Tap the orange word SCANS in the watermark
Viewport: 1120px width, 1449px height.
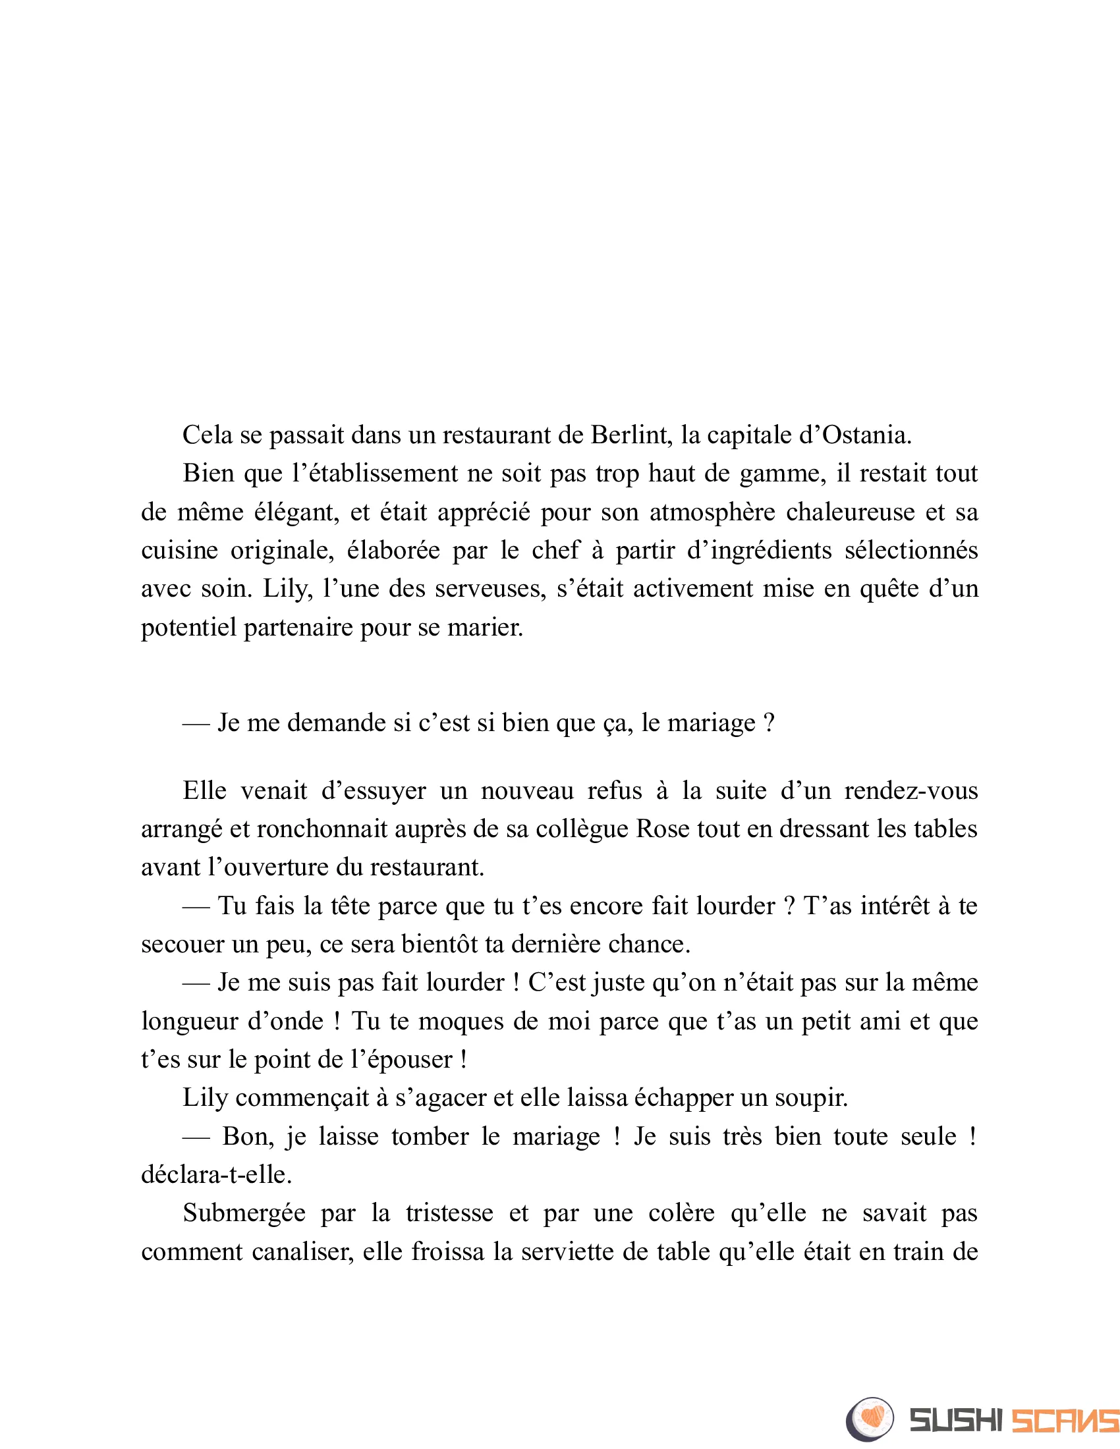tap(1065, 1421)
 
